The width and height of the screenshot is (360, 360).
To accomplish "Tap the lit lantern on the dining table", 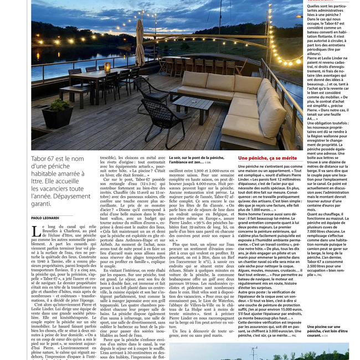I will (x=107, y=68).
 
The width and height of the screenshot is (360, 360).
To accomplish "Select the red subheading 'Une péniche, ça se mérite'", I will (x=267, y=158).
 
